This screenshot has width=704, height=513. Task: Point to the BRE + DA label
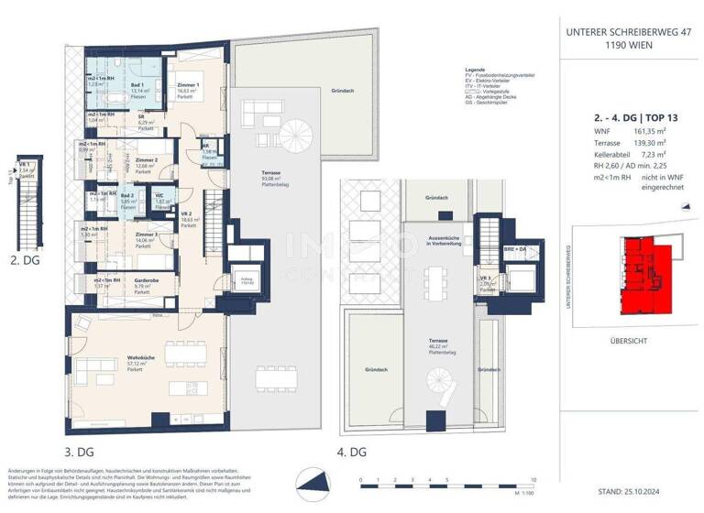[489, 249]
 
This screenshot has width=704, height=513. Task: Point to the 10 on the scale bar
[532, 479]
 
